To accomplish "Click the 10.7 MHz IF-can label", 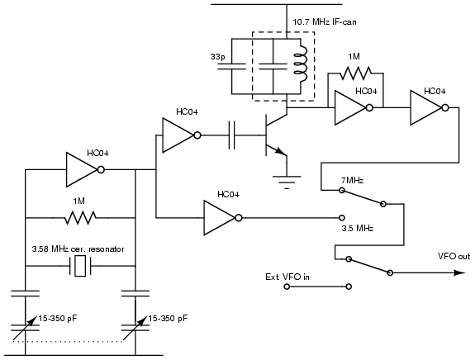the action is (325, 21).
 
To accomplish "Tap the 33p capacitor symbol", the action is (232, 67).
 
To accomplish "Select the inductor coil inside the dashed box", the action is (301, 64).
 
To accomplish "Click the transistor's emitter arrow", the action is (281, 151).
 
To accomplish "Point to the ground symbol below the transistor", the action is (287, 182).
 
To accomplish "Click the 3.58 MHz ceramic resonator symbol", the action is (80, 266).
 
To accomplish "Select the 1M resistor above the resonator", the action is (80, 218).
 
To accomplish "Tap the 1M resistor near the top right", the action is (356, 73).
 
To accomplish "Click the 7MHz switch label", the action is (352, 181).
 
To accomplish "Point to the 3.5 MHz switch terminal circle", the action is (342, 218).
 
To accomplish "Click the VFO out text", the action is (454, 256).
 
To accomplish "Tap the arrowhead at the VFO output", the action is (460, 272).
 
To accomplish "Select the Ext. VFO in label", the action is (287, 277).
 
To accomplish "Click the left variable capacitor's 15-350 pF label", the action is (58, 319).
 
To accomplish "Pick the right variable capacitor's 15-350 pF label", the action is (168, 319).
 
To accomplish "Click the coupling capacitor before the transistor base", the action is (231, 135).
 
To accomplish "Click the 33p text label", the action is (218, 57).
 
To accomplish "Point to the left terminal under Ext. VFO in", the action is (287, 287).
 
